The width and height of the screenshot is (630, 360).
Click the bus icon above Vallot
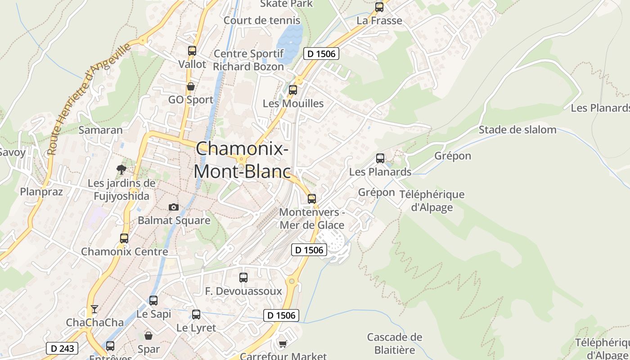pyautogui.click(x=192, y=51)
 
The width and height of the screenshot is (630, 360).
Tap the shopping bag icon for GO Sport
pyautogui.click(x=191, y=86)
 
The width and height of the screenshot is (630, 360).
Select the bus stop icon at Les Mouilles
pyautogui.click(x=293, y=90)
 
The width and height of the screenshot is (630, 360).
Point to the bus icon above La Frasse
pyautogui.click(x=379, y=7)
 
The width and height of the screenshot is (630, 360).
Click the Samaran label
pyautogui.click(x=100, y=130)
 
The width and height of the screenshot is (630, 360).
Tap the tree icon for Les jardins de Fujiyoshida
pyautogui.click(x=121, y=170)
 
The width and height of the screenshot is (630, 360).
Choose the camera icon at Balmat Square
pyautogui.click(x=174, y=207)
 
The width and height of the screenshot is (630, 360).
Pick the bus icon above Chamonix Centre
pyautogui.click(x=124, y=238)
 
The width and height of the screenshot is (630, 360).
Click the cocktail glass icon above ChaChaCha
pyautogui.click(x=94, y=309)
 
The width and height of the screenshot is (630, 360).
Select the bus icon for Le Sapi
pyautogui.click(x=153, y=300)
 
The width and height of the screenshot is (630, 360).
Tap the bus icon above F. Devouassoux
pyautogui.click(x=243, y=278)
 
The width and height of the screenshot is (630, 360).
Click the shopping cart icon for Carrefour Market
pyautogui.click(x=283, y=344)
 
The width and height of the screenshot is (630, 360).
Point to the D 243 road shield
pyautogui.click(x=62, y=348)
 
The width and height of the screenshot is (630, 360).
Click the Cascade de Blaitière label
pyautogui.click(x=395, y=343)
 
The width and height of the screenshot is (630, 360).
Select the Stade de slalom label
pyautogui.click(x=517, y=130)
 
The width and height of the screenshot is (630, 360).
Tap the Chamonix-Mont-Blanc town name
pyautogui.click(x=242, y=160)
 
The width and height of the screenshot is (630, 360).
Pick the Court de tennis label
pyautogui.click(x=262, y=20)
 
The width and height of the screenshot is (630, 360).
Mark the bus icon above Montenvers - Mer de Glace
pyautogui.click(x=312, y=199)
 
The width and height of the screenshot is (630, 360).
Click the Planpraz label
pyautogui.click(x=41, y=192)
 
